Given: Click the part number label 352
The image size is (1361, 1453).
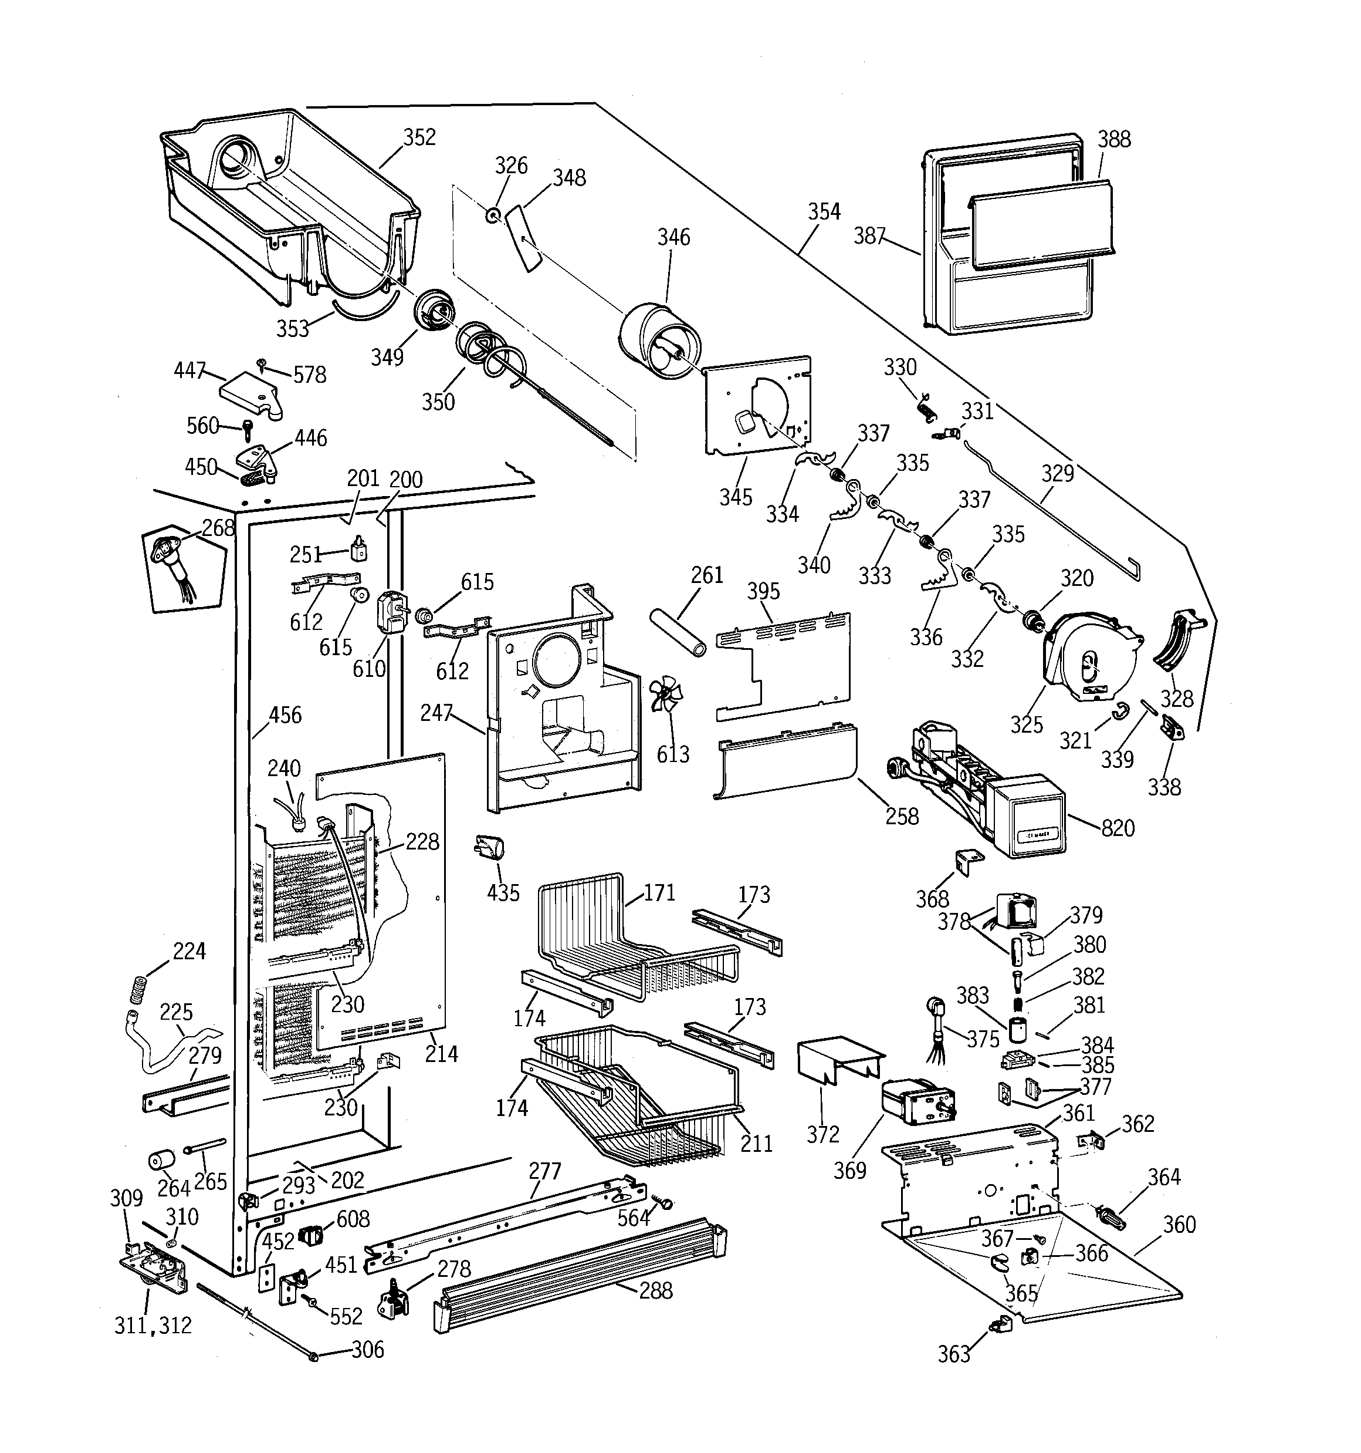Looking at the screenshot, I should pos(419,137).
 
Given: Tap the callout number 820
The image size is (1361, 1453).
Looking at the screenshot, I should pos(1118,828).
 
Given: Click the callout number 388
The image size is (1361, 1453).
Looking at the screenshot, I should pos(1114,139).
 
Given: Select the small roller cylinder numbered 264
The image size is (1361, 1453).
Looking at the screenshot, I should pos(161,1161).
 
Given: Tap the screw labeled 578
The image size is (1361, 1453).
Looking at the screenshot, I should pos(261,363).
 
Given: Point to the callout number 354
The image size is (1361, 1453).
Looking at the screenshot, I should pos(824,211).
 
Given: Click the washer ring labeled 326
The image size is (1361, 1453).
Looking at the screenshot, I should pos(494,214).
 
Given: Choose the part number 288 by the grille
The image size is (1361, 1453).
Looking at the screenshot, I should pos(655,1291).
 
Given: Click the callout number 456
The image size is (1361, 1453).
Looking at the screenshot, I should pos(285,715).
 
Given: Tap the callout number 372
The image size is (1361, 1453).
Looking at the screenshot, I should pos(822,1134).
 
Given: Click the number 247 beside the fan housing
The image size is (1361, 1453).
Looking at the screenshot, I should pos(436,713).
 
